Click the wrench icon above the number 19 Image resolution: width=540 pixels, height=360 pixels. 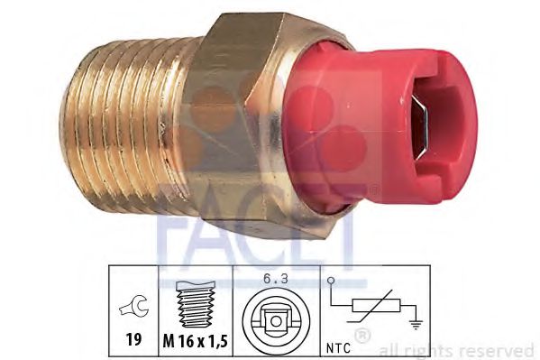tap(134, 305)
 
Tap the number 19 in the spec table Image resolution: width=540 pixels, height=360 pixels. tap(133, 339)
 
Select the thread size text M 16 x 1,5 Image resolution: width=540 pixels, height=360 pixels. tap(196, 341)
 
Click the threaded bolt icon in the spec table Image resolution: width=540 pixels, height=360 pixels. tap(195, 304)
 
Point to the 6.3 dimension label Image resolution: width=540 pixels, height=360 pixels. tap(276, 278)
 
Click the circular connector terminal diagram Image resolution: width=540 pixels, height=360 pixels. tap(276, 321)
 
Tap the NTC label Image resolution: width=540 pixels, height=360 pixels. tap(338, 347)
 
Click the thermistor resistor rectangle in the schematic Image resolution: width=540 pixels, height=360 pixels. tap(376, 306)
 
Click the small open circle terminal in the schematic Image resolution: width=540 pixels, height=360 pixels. tap(331, 281)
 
